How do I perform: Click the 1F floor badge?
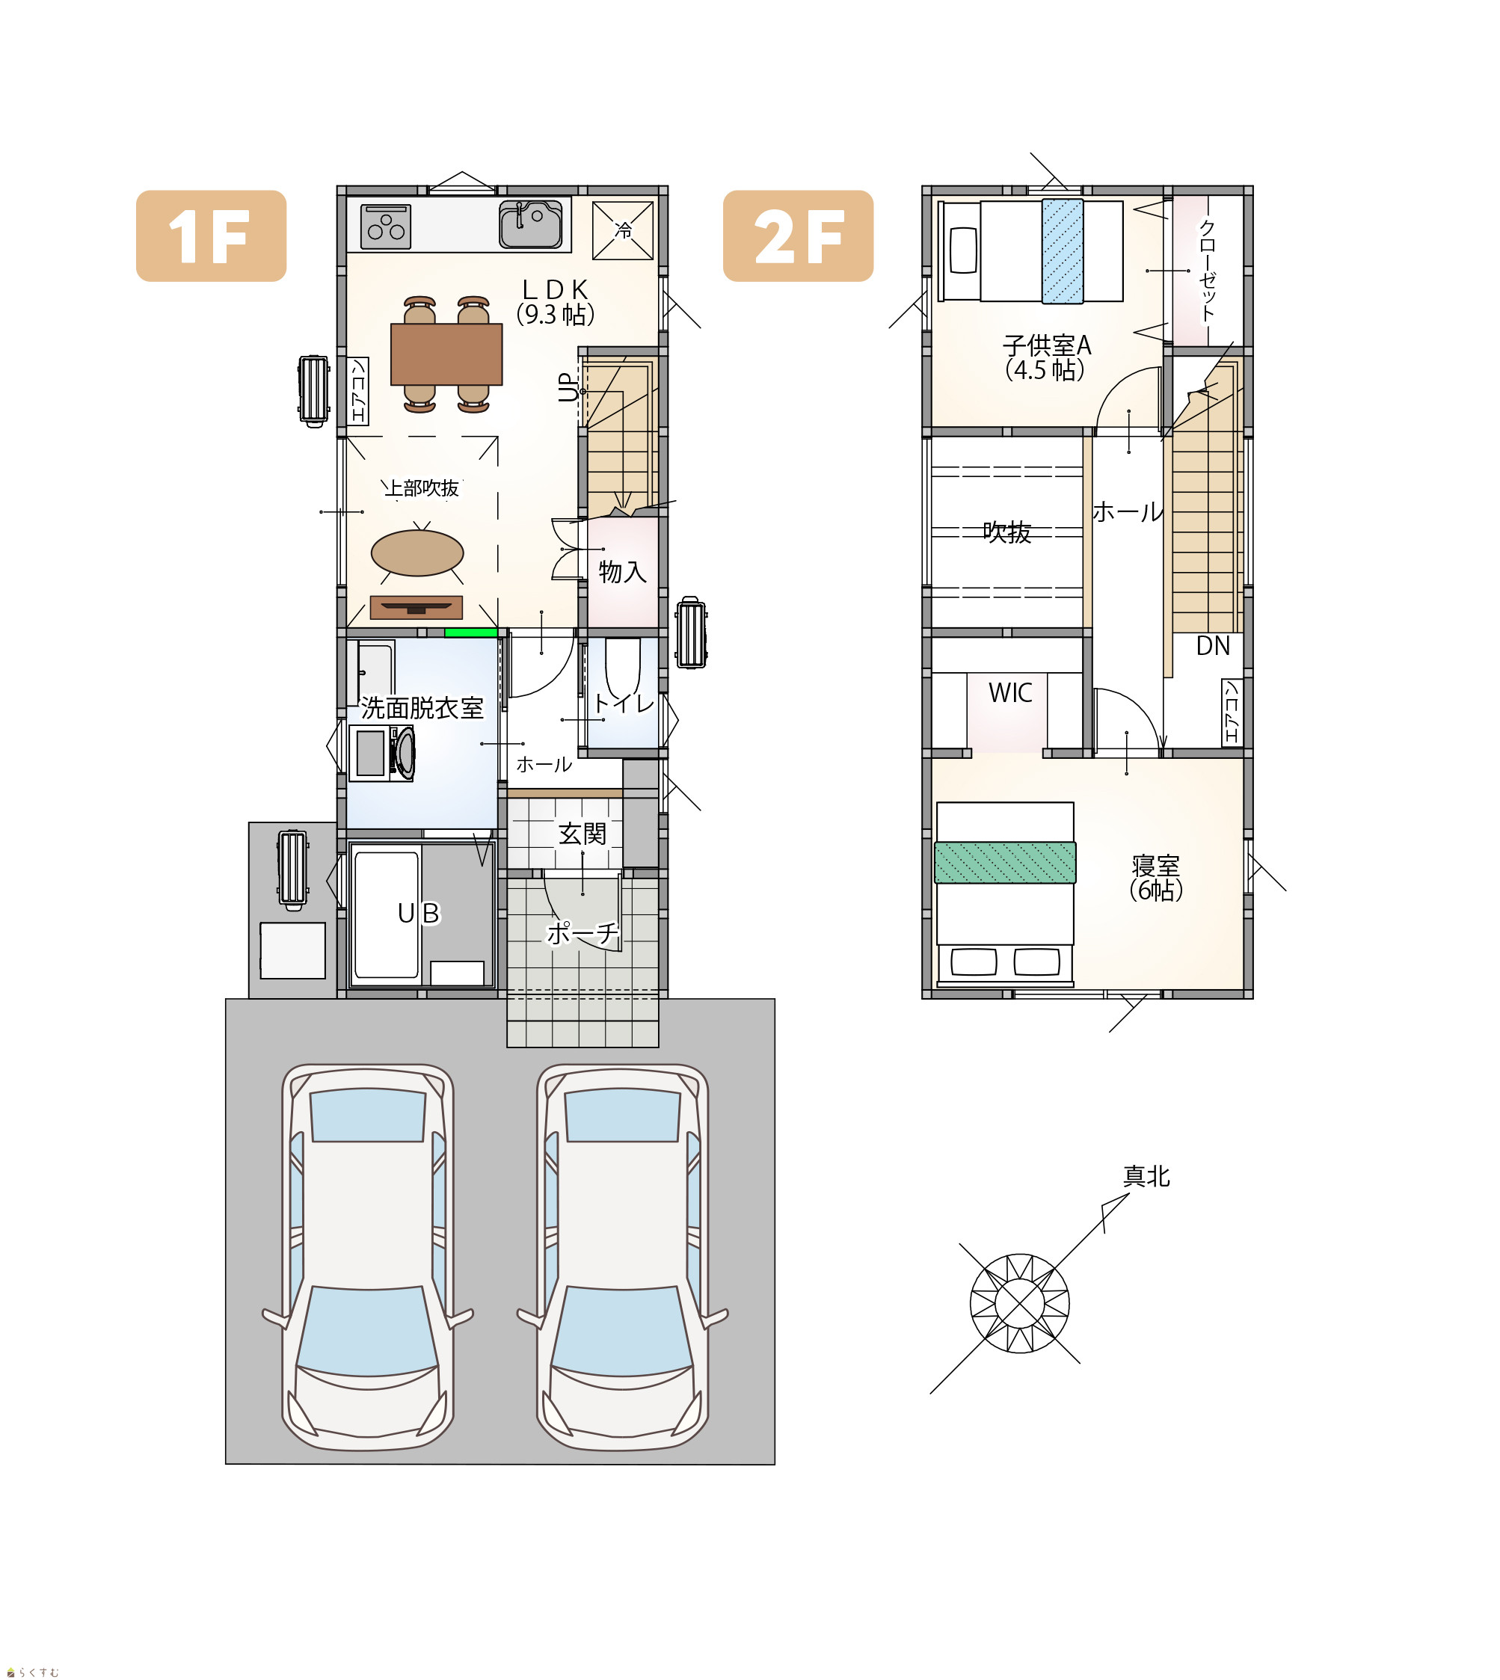[x=211, y=236]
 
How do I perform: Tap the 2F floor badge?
[x=798, y=236]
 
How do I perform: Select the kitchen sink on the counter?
[x=531, y=224]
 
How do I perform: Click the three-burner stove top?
[x=385, y=226]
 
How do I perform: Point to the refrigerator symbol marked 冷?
[x=623, y=231]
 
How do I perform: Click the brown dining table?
[x=446, y=354]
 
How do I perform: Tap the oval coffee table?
[x=417, y=553]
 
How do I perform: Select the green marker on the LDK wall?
[x=470, y=633]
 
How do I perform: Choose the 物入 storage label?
[x=622, y=572]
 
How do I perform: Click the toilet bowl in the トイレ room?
[x=622, y=668]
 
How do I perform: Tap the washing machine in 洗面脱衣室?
[x=381, y=753]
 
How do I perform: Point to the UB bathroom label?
[x=419, y=913]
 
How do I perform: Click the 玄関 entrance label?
[x=582, y=834]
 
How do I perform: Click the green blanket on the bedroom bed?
[x=1005, y=863]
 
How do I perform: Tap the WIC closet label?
[x=1010, y=693]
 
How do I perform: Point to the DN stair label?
[x=1212, y=646]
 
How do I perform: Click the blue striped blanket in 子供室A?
[x=1063, y=251]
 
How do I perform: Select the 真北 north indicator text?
[x=1146, y=1177]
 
